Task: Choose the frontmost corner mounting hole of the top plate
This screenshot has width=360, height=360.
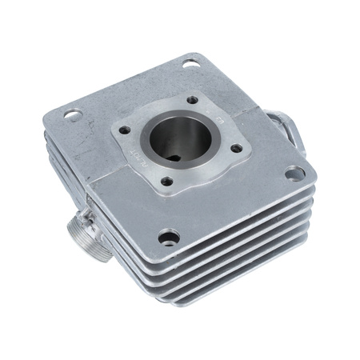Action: pos(170,237)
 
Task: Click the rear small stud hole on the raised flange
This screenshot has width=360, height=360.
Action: pos(192,100)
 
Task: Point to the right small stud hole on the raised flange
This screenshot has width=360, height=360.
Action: pos(236,147)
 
